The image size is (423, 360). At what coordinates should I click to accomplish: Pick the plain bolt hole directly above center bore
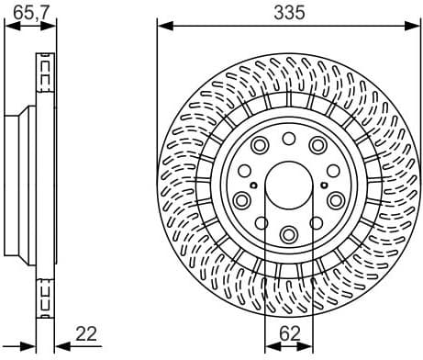coord(288,139)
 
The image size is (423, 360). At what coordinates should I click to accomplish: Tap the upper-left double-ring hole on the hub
coord(259,144)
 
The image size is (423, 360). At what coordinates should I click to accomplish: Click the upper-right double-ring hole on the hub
coord(317,144)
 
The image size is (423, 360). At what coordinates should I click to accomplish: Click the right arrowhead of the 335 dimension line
coord(414,26)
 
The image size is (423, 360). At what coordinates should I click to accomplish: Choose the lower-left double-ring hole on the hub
coord(243,200)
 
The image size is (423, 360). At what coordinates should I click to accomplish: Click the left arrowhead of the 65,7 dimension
coord(9,26)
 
